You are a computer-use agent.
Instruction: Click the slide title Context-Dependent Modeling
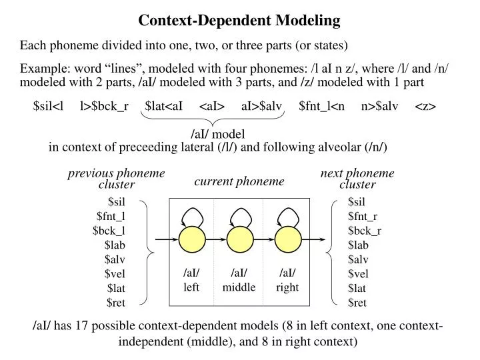239,21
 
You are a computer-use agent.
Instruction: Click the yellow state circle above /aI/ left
191,239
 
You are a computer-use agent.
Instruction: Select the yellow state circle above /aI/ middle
239,239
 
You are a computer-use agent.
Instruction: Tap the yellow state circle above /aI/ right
287,239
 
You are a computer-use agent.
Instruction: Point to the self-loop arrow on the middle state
239,215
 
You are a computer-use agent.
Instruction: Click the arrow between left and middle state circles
215,239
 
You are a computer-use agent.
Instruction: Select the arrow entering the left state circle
167,239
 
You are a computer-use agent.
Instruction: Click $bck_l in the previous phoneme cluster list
109,230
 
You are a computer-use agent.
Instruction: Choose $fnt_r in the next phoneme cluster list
363,216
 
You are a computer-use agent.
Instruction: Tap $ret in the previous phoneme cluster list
116,303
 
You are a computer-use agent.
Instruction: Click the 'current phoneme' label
239,181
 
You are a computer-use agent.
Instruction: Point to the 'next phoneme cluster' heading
357,179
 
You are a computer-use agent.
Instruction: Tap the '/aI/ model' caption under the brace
213,133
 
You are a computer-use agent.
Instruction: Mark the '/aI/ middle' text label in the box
239,280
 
